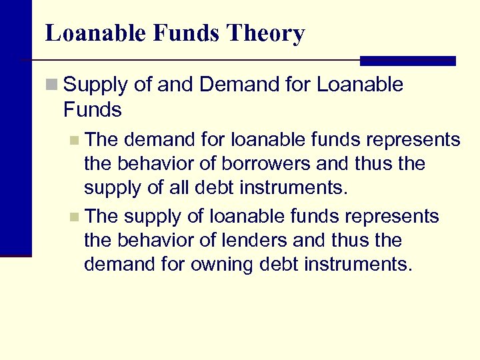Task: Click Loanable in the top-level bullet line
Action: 360,85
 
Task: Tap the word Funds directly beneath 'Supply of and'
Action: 93,109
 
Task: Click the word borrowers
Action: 234,164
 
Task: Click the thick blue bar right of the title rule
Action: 407,61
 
